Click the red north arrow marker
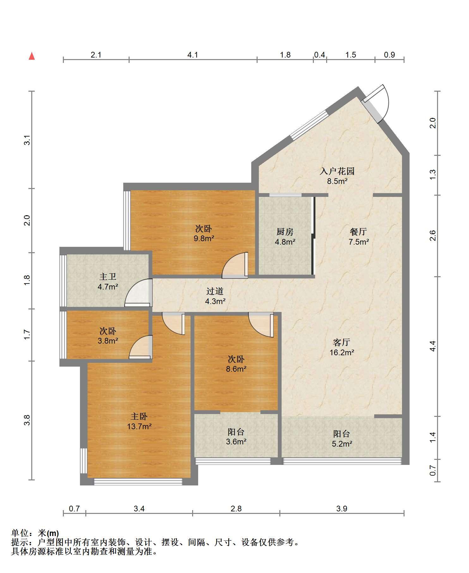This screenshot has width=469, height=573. click(x=32, y=56)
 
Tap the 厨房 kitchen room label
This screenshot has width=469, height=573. click(x=285, y=232)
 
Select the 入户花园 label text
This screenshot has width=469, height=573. click(x=337, y=171)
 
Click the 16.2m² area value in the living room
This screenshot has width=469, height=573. click(x=342, y=352)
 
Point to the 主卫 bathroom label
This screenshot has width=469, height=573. click(x=108, y=277)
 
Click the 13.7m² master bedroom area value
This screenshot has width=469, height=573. click(x=139, y=427)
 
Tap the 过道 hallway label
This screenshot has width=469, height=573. click(x=215, y=291)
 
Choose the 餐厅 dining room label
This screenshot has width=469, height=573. click(x=358, y=232)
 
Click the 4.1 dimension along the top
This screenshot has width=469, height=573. click(x=193, y=55)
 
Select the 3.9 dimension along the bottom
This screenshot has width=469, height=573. click(x=342, y=509)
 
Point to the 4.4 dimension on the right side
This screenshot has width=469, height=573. click(x=433, y=346)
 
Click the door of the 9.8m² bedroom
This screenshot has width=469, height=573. click(x=235, y=265)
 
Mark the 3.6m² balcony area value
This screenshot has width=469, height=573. click(x=236, y=442)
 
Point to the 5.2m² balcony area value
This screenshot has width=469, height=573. click(x=342, y=444)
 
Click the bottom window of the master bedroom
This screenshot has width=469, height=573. click(x=138, y=482)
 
